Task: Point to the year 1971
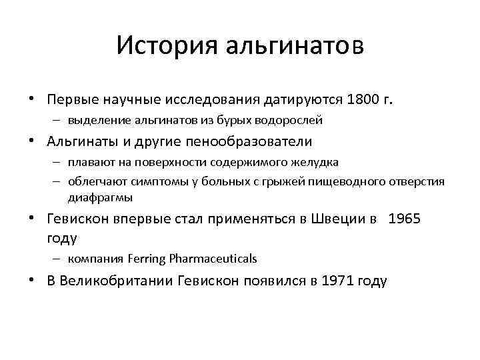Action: [338, 281]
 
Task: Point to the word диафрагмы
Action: [100, 197]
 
